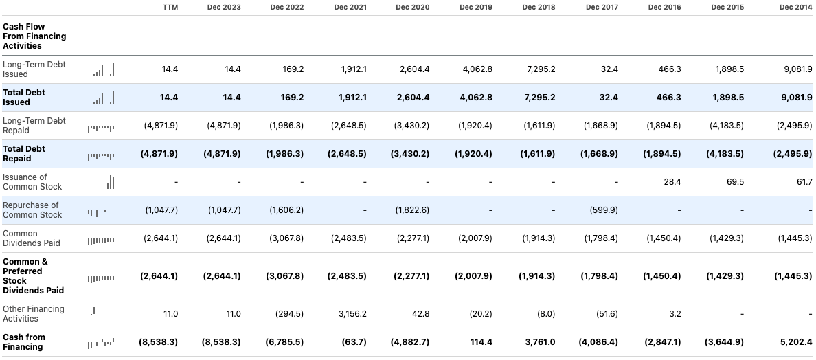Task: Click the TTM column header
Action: point(170,7)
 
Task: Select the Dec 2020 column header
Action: point(413,7)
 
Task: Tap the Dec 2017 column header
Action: point(602,7)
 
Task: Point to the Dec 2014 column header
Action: point(795,7)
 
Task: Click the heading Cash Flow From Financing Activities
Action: point(34,36)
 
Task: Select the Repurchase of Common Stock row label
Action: point(31,210)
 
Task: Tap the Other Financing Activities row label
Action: point(34,314)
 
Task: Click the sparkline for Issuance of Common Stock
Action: point(111,182)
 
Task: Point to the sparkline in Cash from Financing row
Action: point(101,342)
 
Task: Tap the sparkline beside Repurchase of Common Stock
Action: point(97,212)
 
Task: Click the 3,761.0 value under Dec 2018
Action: point(539,342)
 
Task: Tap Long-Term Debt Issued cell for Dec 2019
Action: point(475,69)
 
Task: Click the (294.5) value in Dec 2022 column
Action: point(288,314)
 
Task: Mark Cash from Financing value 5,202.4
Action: point(795,342)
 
